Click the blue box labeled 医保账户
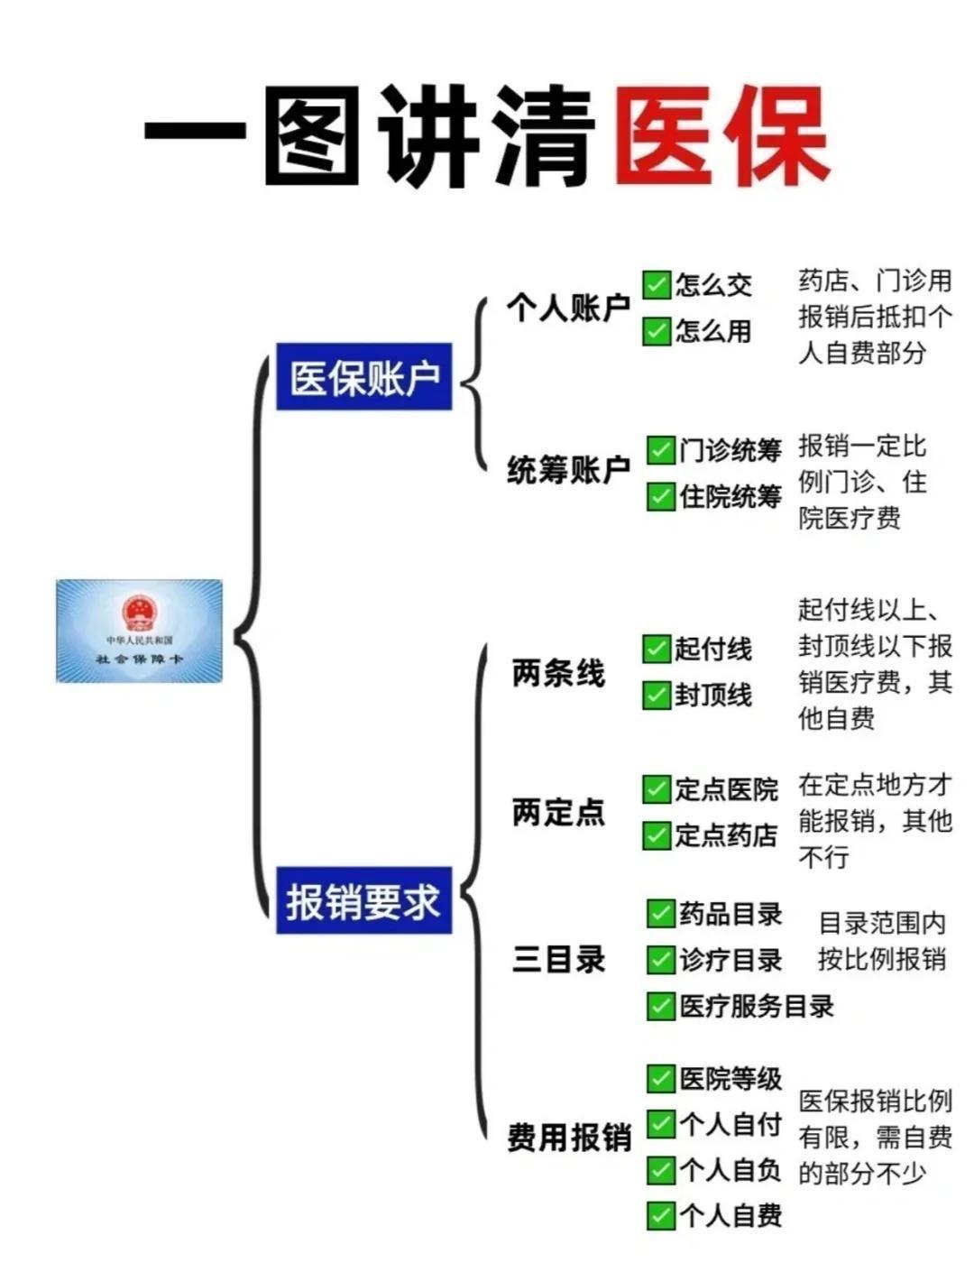click(363, 377)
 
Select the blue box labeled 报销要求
click(363, 900)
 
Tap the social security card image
click(139, 631)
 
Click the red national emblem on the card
click(139, 613)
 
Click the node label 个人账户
click(568, 309)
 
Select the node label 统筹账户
click(568, 470)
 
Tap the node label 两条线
click(558, 673)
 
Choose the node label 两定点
click(558, 813)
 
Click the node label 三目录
click(558, 959)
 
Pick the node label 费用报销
click(568, 1138)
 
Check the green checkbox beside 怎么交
click(657, 284)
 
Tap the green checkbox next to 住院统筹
click(661, 496)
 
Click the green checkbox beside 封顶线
click(657, 695)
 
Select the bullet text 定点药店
click(727, 835)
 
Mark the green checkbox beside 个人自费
click(661, 1215)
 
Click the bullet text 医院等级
click(730, 1078)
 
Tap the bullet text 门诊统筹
click(730, 449)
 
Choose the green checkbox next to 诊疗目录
click(661, 960)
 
